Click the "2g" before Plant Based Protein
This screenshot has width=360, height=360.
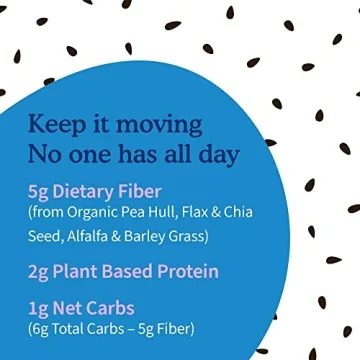[x=40, y=272]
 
